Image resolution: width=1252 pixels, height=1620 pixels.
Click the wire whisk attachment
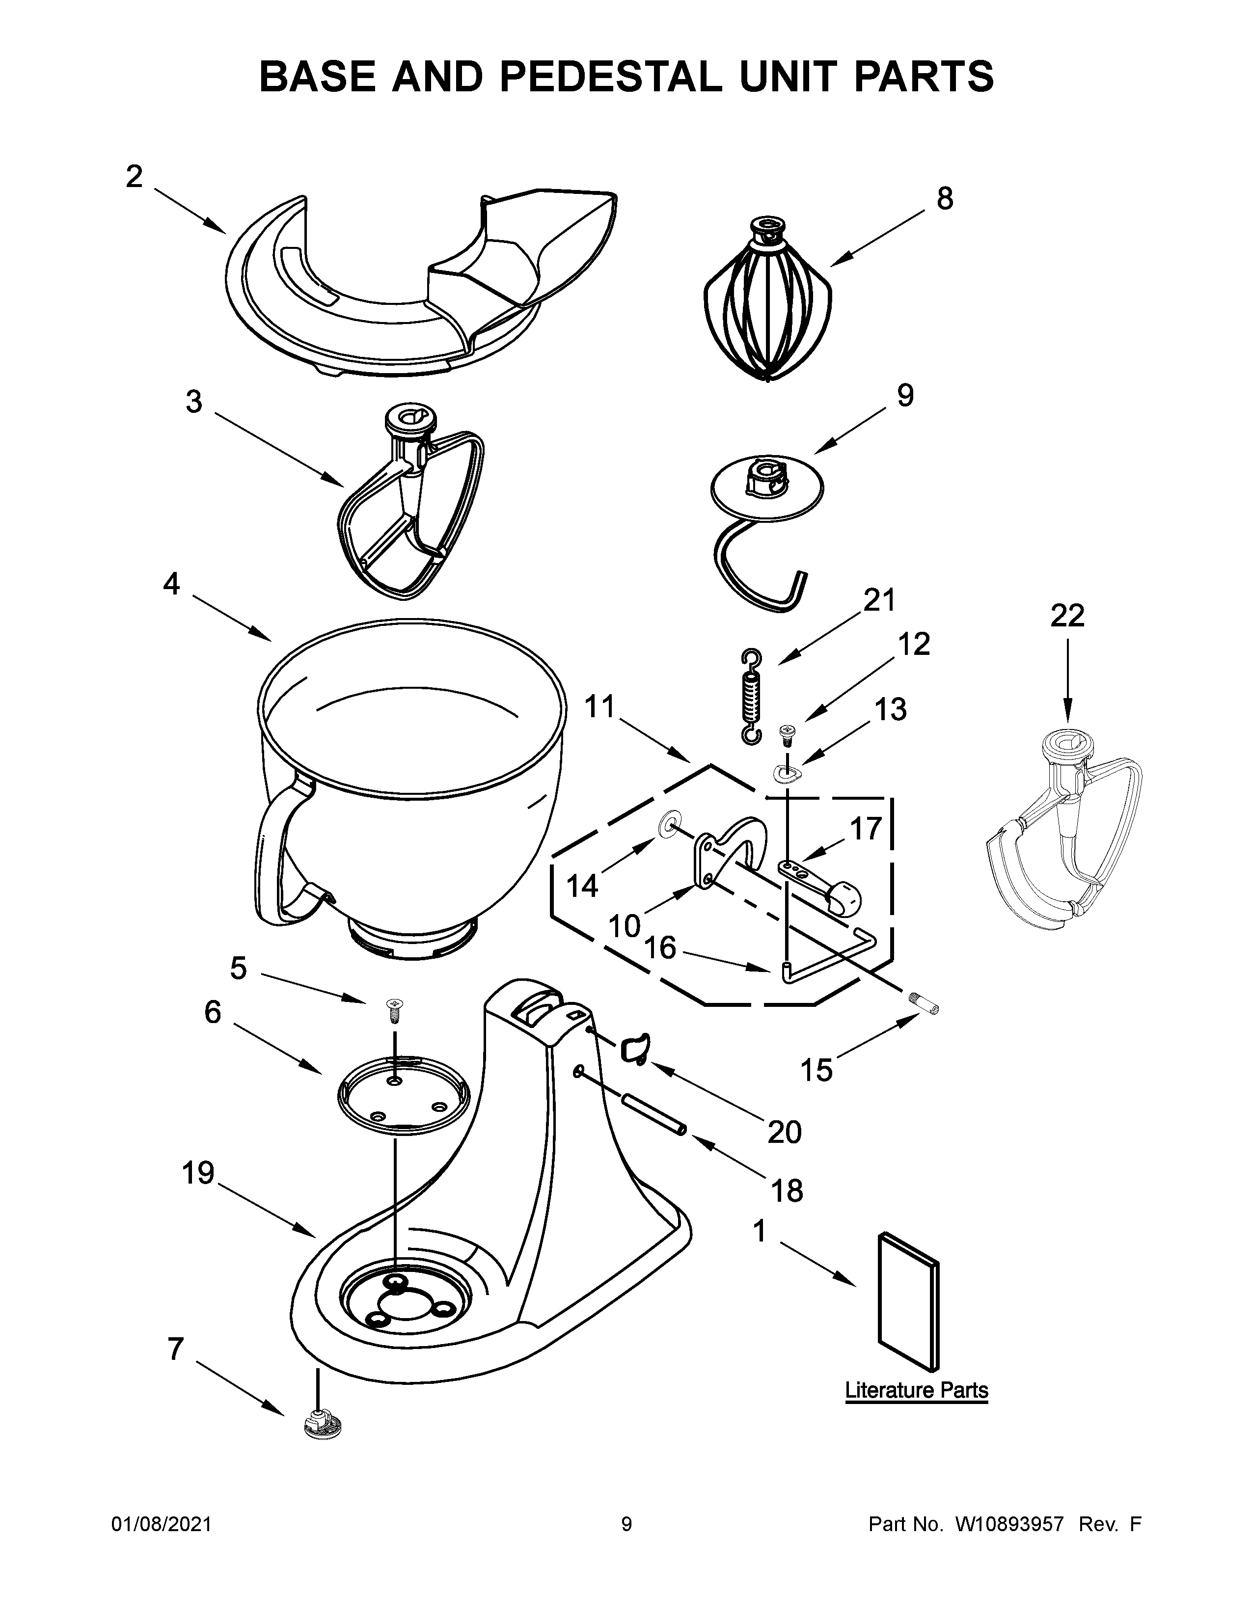pos(768,304)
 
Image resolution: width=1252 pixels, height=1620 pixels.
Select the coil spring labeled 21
pos(751,696)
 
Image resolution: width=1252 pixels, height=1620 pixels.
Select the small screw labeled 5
pos(393,1007)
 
